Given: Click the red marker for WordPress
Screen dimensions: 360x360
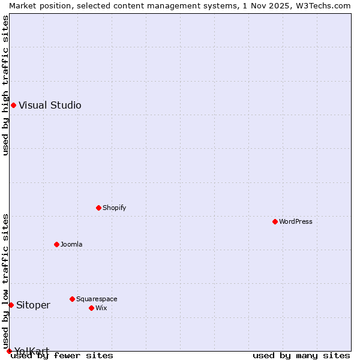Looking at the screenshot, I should click(275, 221).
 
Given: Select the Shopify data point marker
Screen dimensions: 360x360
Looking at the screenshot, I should click(98, 208).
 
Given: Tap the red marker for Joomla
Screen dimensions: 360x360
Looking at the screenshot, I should click(56, 244).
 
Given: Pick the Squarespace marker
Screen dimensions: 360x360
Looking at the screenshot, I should click(72, 299).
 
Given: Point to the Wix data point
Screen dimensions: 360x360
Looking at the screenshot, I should click(91, 308).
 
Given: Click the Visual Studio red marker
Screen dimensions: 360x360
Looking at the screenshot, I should click(13, 106).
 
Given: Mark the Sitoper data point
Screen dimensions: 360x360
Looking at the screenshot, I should click(11, 305).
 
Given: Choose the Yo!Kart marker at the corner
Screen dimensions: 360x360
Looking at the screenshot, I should click(9, 351).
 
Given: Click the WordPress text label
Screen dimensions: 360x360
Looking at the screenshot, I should click(296, 221).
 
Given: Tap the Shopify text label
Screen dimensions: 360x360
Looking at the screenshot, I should click(114, 208).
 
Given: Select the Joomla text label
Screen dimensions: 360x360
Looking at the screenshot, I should click(71, 244).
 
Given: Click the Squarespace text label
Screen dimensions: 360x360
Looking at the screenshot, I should click(97, 299).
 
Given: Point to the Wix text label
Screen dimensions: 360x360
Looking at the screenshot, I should click(101, 308).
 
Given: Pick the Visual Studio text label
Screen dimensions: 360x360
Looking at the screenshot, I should click(50, 106).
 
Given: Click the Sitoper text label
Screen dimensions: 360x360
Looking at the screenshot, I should click(33, 305).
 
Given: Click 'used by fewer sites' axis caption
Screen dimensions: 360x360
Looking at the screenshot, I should click(62, 356).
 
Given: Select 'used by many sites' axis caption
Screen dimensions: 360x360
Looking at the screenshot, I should click(301, 356).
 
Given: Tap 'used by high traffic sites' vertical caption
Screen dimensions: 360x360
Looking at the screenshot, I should click(5, 85).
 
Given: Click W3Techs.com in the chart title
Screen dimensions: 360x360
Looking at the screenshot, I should click(324, 5).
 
